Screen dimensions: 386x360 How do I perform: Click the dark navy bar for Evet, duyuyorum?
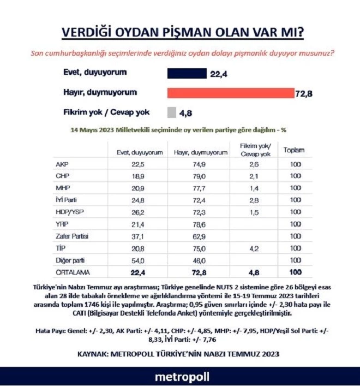tap(185, 73)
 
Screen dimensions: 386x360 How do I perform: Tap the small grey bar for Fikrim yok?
tap(171, 112)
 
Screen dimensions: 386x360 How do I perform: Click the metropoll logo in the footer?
tap(180, 377)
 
